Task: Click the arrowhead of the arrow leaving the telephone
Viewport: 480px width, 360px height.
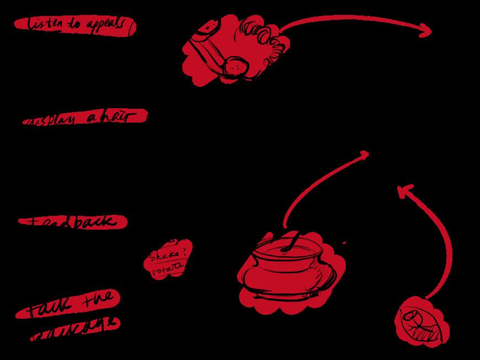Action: pyautogui.click(x=426, y=32)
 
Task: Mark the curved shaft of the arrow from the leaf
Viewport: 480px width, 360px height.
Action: pyautogui.click(x=445, y=243)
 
